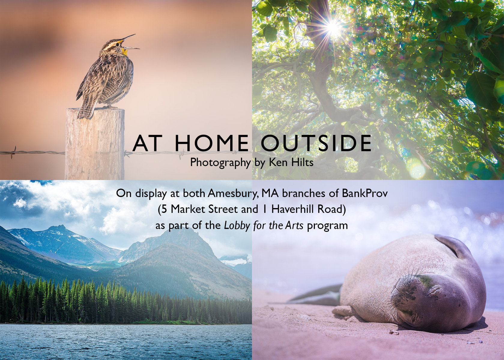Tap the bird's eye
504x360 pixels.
(x=117, y=44)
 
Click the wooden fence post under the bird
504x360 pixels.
(x=95, y=144)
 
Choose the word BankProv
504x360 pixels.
(x=365, y=193)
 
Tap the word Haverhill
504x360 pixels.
(x=293, y=209)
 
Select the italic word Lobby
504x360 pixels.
(x=237, y=225)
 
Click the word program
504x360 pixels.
(x=327, y=226)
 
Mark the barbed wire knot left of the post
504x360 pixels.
(x=14, y=153)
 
